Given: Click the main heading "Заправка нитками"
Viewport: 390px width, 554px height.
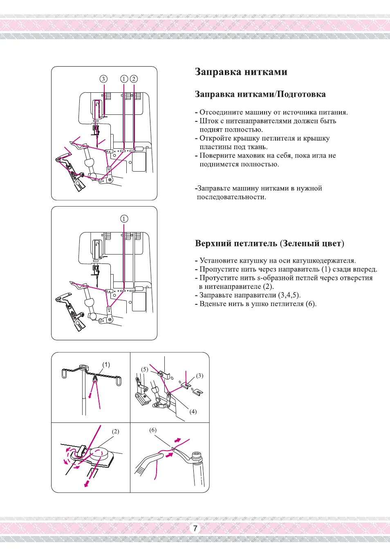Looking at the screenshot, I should [241, 72].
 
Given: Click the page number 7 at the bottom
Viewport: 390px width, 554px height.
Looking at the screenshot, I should [195, 528].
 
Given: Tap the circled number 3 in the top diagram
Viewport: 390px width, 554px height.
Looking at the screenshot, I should [104, 79].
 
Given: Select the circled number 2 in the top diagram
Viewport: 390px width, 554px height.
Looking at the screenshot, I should [134, 79].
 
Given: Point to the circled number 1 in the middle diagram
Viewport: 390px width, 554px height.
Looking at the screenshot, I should [124, 219].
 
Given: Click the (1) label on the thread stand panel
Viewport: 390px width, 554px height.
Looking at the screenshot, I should [106, 365].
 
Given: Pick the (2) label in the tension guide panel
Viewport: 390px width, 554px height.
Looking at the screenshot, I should [116, 431].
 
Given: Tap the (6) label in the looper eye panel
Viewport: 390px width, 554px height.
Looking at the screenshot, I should [153, 430].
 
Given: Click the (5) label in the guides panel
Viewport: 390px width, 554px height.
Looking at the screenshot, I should [145, 369].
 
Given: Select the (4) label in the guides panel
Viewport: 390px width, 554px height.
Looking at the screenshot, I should [193, 411].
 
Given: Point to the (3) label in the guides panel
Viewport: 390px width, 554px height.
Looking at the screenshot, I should [199, 376].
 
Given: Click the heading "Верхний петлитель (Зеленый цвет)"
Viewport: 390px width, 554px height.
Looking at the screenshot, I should [269, 244].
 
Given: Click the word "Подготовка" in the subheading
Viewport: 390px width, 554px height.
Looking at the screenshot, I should [301, 94].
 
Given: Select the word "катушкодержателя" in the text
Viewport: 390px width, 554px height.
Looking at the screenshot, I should [324, 261].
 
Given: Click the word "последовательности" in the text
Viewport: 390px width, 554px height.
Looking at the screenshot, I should [231, 197].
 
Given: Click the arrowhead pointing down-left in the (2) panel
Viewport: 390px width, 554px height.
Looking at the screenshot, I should [86, 485].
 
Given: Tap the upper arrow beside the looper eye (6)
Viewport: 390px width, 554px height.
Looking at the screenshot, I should [177, 440].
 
